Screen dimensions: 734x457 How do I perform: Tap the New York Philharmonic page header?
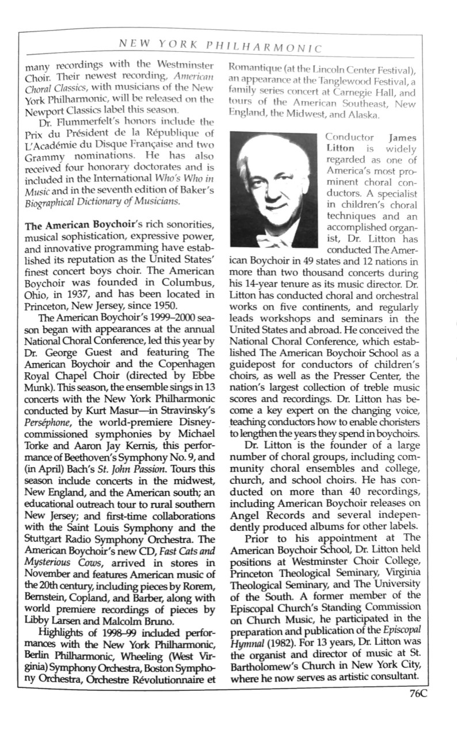219,44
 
